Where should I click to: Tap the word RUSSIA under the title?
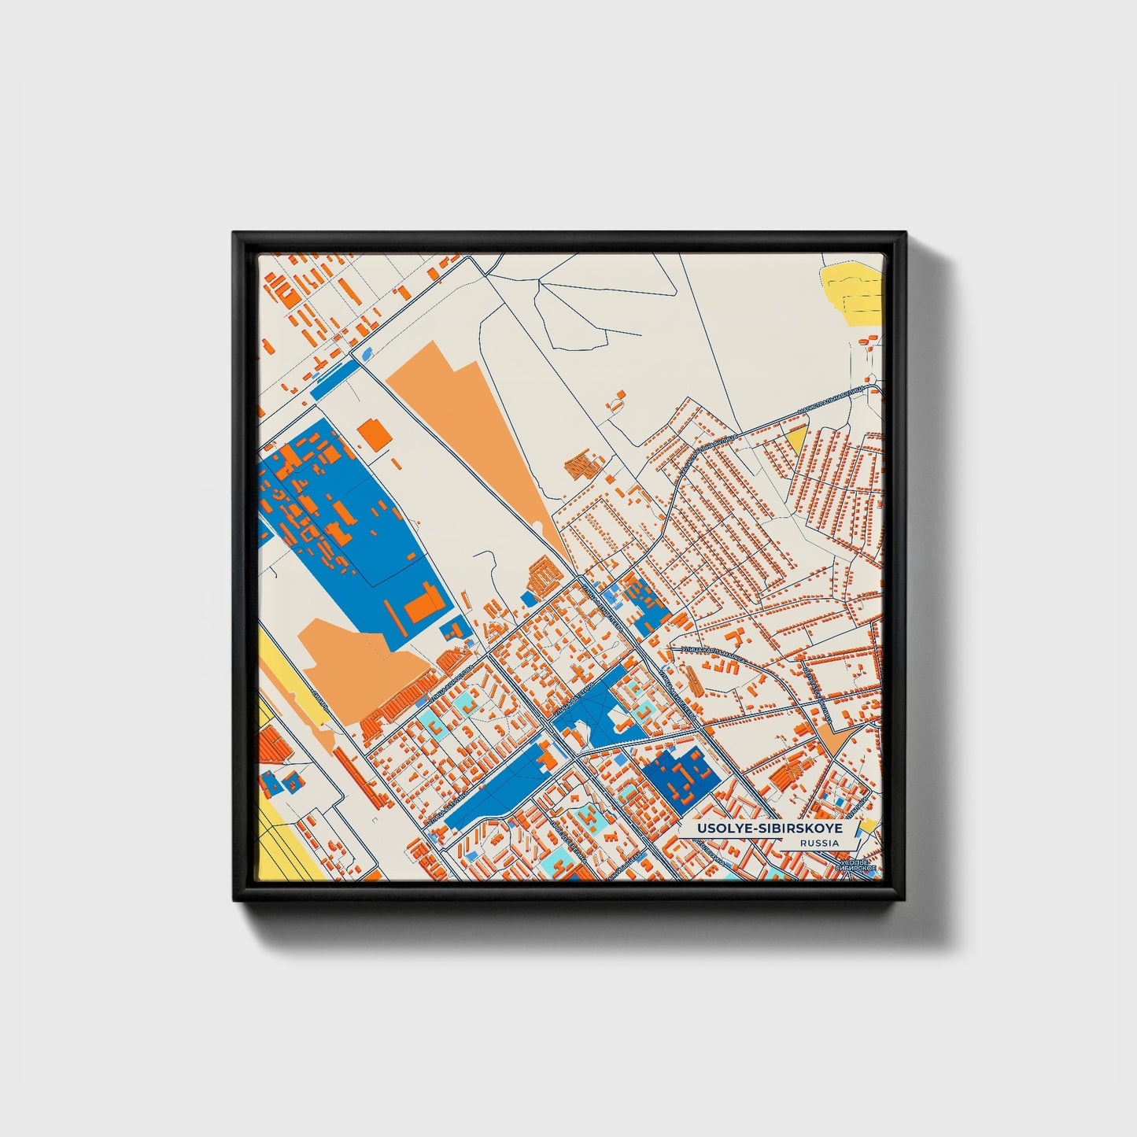point(818,844)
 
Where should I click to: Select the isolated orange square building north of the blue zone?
point(375,434)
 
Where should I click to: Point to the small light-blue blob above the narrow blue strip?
point(367,353)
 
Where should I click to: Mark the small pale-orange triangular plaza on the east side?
point(831,738)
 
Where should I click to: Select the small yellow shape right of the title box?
point(869,825)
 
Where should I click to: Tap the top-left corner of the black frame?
point(234,234)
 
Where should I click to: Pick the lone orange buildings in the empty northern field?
point(616,400)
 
